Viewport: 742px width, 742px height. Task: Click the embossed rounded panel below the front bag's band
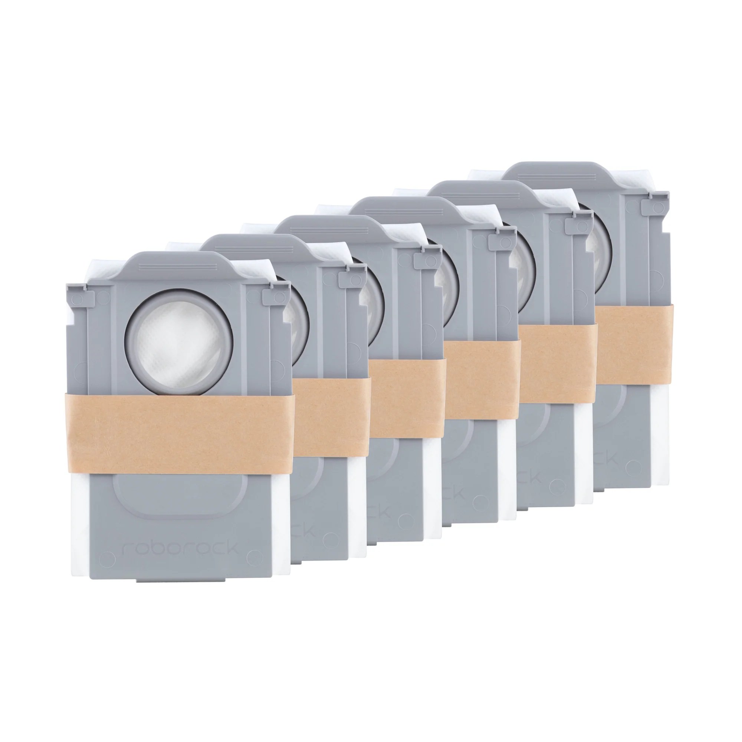click(x=180, y=499)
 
